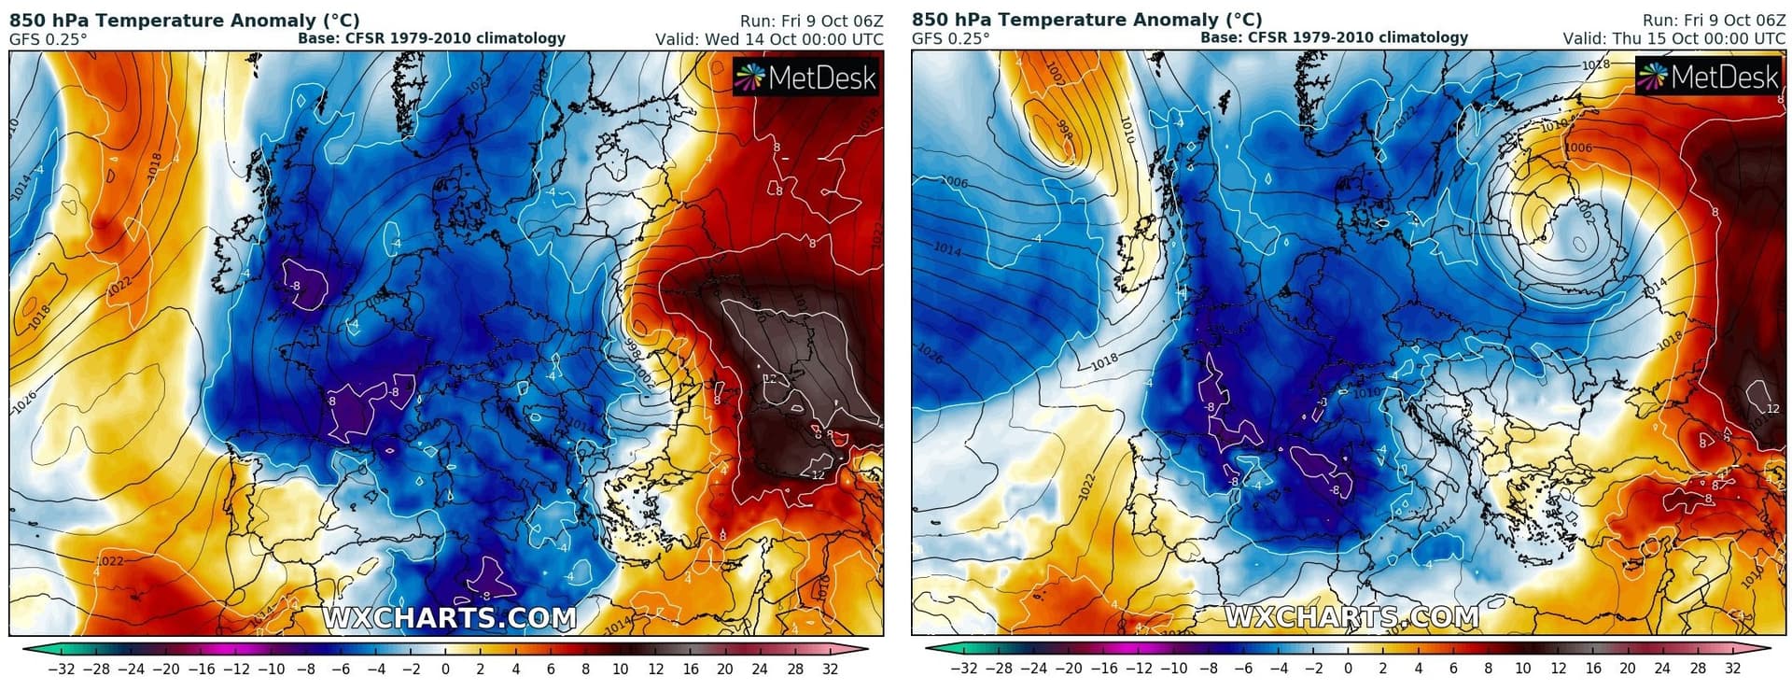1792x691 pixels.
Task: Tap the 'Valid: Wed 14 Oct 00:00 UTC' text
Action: click(768, 39)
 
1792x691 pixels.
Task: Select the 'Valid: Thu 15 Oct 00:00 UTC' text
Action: click(1673, 38)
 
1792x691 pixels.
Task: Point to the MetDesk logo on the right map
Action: click(1709, 76)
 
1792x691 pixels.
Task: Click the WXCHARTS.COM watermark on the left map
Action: click(450, 618)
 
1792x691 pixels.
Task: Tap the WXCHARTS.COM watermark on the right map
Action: click(1351, 617)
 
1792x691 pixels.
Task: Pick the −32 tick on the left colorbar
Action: click(61, 669)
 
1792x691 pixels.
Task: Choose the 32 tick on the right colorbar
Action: click(1732, 668)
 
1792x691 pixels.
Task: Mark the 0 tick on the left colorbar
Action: click(445, 669)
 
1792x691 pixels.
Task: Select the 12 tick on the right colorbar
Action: click(1558, 668)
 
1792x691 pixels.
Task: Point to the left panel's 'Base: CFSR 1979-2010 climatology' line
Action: click(431, 38)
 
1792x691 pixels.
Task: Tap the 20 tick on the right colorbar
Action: click(1628, 668)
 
